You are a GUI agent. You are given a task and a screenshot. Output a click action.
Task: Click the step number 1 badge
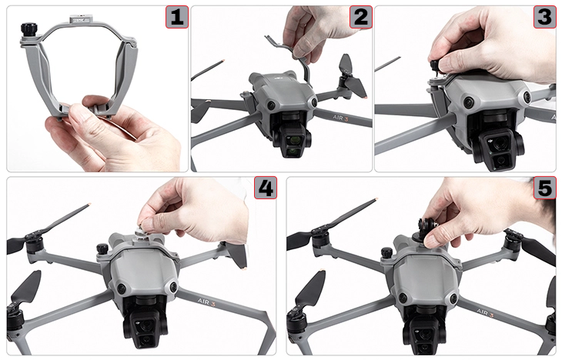pyautogui.click(x=177, y=17)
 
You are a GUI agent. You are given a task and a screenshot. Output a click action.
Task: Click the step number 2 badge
pyautogui.click(x=360, y=17)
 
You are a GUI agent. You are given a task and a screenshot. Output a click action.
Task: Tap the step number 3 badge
pyautogui.click(x=545, y=17)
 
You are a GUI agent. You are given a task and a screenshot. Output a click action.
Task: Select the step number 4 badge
pyautogui.click(x=266, y=188)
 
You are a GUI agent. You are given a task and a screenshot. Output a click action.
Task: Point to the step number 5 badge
pyautogui.click(x=545, y=188)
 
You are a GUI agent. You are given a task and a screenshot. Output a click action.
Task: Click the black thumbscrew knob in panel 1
pyautogui.click(x=28, y=28)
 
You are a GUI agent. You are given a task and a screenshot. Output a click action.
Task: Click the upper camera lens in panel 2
pyautogui.click(x=295, y=138)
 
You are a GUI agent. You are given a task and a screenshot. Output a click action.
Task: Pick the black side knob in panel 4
pyautogui.click(x=102, y=248)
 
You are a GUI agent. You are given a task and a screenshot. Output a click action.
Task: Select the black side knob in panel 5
pyautogui.click(x=386, y=252)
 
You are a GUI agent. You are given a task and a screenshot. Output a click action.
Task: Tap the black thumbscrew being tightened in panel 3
pyautogui.click(x=435, y=66)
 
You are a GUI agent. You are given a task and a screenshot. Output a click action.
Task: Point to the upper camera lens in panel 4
pyautogui.click(x=146, y=325)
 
